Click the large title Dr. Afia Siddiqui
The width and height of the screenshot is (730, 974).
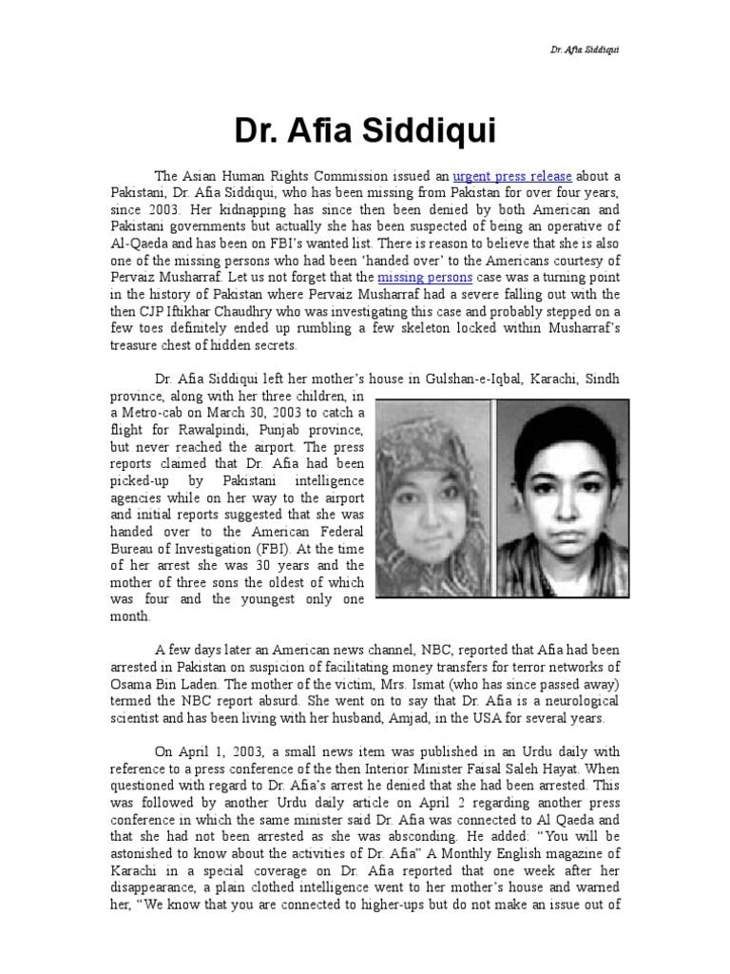coord(364,130)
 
